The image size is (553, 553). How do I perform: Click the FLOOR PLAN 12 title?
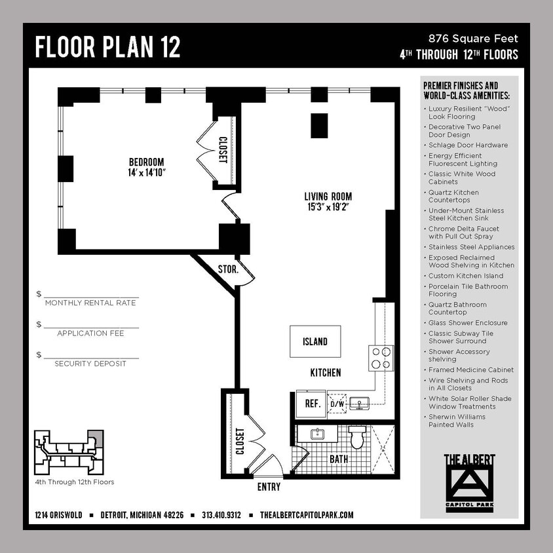108,47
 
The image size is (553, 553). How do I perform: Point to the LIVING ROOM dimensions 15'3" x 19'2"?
328,208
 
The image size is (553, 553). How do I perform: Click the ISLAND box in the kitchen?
315,341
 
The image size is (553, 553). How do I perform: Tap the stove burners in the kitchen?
381,358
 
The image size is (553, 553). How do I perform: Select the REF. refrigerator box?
312,404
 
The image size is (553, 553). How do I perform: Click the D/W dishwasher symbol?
337,404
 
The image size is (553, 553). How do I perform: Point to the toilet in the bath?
357,437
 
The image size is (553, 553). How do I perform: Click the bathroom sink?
317,434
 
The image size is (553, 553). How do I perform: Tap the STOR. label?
227,269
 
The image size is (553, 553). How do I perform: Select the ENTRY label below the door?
269,487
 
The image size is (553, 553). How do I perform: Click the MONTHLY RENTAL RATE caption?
90,303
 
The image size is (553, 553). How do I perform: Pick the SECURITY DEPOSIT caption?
90,364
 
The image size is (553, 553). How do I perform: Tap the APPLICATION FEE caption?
90,334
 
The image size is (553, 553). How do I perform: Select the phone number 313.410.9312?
221,515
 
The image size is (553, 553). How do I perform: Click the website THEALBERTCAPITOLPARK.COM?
307,515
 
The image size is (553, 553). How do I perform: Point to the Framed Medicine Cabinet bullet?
470,370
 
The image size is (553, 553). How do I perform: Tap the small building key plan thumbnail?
69,453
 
